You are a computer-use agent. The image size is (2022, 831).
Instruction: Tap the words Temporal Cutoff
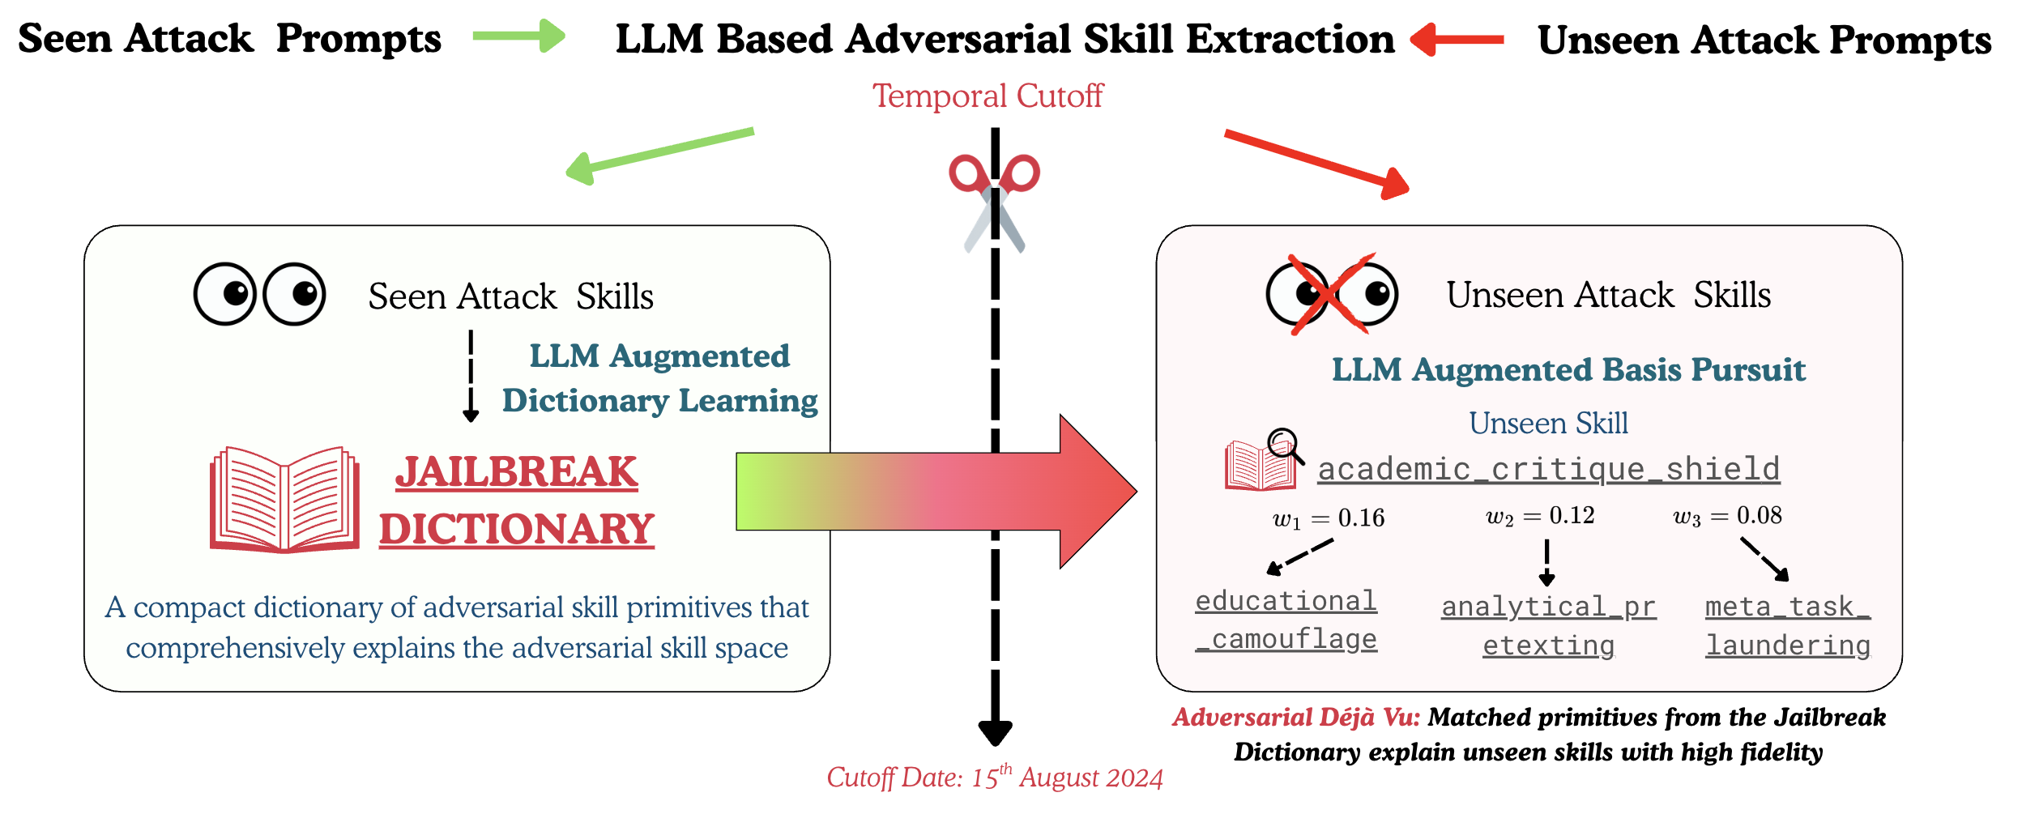[987, 96]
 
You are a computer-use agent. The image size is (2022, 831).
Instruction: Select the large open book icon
[284, 499]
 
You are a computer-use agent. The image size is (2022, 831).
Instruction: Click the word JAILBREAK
[516, 472]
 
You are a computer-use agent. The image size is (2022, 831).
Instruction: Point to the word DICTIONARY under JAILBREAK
[516, 530]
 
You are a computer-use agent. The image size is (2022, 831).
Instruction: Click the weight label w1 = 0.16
[1329, 518]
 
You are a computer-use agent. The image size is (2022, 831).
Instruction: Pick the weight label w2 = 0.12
[1540, 516]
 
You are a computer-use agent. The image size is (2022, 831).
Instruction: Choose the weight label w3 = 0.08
[1727, 516]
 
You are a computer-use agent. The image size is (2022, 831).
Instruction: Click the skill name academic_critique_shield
[1548, 470]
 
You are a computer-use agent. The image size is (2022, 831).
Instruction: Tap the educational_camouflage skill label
[1286, 620]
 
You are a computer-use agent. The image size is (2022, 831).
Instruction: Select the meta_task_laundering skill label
[1788, 626]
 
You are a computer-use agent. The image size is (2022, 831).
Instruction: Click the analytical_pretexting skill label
[1548, 626]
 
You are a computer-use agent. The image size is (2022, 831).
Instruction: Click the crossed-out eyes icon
[1332, 294]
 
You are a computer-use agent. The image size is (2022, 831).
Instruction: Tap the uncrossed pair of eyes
[259, 294]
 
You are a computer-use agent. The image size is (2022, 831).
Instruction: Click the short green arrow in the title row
[518, 36]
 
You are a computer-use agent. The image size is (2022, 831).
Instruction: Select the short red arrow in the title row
[1457, 39]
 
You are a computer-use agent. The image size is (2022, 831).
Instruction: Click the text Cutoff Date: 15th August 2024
[994, 778]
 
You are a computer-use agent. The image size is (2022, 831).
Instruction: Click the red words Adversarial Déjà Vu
[1296, 718]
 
